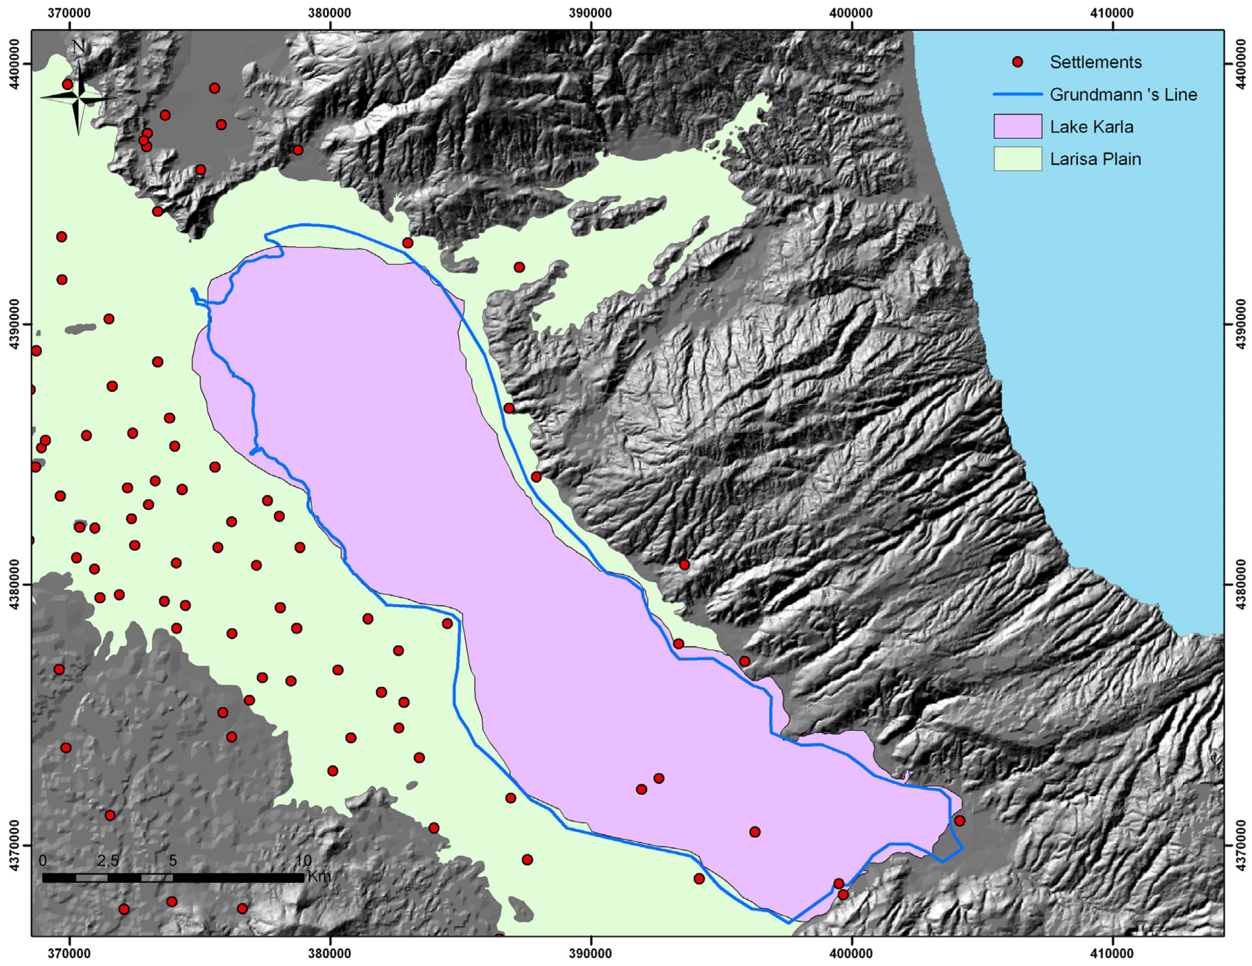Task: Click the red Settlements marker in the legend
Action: point(1017,62)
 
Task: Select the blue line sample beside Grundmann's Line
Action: point(1017,95)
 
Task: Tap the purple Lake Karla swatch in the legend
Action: point(1017,126)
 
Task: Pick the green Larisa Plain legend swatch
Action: point(1017,159)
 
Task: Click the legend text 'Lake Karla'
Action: point(1092,127)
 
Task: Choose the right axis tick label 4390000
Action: point(1240,324)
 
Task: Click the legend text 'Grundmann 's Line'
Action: point(1123,95)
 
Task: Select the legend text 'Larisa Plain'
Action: point(1096,159)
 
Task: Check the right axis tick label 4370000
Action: point(1240,846)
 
